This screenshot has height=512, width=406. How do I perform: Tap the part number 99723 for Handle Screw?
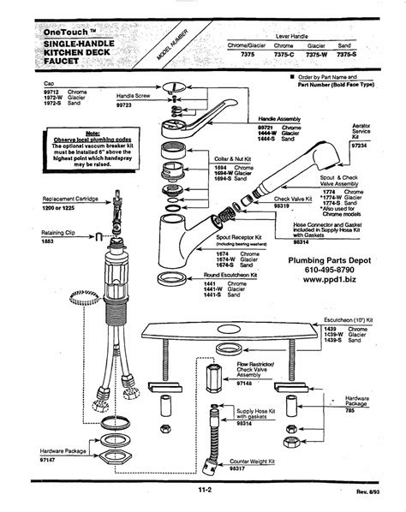click(130, 104)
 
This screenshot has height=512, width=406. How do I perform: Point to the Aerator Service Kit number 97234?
click(366, 146)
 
